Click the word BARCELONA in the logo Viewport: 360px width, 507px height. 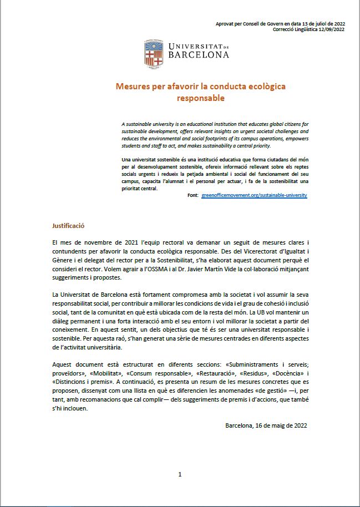[x=197, y=55]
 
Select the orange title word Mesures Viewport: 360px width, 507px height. [x=132, y=87]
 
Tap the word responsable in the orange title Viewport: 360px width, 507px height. [x=200, y=98]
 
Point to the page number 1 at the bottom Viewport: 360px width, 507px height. [x=180, y=474]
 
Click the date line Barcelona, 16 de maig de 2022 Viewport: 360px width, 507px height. [x=266, y=425]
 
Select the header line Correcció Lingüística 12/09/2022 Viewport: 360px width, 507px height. [x=308, y=29]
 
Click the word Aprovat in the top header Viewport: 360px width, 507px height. [x=225, y=23]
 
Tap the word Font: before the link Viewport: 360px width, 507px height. [x=193, y=195]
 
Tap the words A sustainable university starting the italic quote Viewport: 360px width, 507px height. [x=147, y=123]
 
